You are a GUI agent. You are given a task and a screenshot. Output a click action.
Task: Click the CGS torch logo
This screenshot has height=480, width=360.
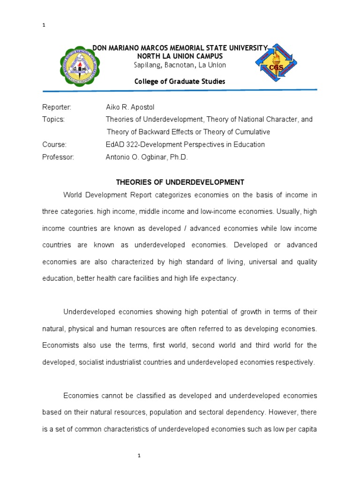coord(277,65)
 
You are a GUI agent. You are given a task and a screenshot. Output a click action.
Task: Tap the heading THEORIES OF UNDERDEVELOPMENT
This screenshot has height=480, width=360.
coord(180,182)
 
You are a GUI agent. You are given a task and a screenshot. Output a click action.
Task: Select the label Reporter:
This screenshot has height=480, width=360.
coord(57,107)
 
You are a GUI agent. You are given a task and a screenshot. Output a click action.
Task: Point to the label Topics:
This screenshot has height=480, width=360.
coord(53,120)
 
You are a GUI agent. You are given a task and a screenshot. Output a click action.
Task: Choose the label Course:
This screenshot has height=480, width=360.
coord(54,144)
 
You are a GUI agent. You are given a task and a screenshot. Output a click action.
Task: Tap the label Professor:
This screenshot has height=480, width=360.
coord(58,157)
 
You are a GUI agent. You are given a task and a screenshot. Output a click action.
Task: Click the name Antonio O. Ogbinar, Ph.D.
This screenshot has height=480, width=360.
coord(147,157)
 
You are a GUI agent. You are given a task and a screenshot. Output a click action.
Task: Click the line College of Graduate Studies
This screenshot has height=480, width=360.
coord(180,82)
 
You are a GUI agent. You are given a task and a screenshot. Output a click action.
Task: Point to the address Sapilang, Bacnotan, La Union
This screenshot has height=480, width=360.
coord(180,65)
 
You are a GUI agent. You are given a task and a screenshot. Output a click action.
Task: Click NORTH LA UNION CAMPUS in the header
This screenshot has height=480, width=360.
coord(180,56)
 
